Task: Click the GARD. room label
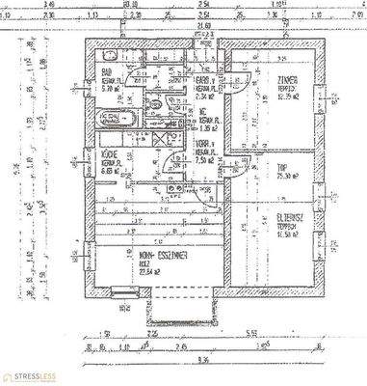click(x=203, y=80)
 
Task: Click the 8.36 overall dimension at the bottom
click(x=199, y=361)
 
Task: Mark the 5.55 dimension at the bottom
click(x=249, y=334)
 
